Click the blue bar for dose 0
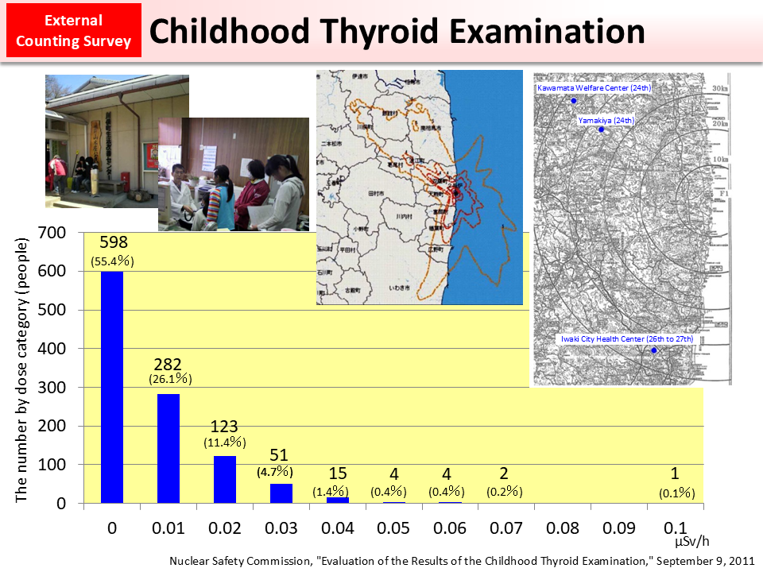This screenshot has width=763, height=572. (x=112, y=387)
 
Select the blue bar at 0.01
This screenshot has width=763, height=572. (x=168, y=448)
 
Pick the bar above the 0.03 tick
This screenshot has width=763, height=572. (x=281, y=493)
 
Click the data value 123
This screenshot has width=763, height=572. (x=225, y=426)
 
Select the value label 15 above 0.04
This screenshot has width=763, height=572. (x=336, y=474)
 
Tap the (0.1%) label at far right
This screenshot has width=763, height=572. (x=677, y=493)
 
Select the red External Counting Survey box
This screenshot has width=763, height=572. (x=73, y=31)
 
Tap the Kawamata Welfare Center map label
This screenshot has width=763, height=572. (x=593, y=87)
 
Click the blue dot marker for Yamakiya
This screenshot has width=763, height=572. (x=602, y=129)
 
